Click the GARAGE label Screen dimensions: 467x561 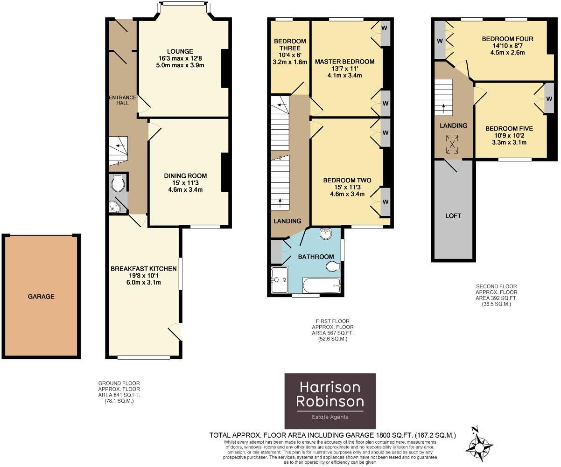(x=41, y=296)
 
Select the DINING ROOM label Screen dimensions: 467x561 (x=185, y=176)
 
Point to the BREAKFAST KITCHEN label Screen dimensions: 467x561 (x=143, y=269)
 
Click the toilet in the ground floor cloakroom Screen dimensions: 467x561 (x=119, y=183)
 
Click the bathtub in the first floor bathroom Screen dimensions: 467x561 (x=322, y=285)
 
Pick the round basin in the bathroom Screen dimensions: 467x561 (x=326, y=234)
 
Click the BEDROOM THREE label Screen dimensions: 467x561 (x=290, y=44)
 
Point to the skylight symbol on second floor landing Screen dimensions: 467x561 (x=452, y=144)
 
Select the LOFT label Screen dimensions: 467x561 (x=453, y=216)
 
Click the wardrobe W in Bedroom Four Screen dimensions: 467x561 (x=440, y=41)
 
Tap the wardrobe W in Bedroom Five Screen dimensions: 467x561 (x=549, y=99)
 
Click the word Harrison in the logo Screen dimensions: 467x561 (x=330, y=387)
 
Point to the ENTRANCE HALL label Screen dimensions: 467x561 (x=123, y=100)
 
